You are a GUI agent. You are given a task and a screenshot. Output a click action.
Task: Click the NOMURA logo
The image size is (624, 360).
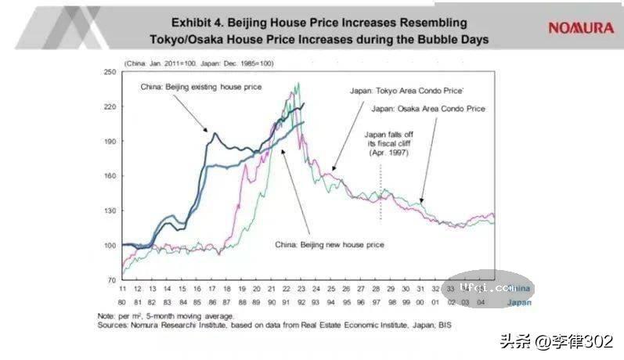[580, 27]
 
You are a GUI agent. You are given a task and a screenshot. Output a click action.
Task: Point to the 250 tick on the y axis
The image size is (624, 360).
[110, 72]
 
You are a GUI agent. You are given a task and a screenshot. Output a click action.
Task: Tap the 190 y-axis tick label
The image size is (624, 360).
[110, 141]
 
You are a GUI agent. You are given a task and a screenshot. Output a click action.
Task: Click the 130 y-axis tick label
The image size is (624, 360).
[110, 211]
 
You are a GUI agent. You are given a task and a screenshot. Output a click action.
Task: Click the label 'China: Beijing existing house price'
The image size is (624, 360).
[201, 86]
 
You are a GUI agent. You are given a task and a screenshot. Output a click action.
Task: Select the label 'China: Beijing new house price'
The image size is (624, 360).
[330, 244]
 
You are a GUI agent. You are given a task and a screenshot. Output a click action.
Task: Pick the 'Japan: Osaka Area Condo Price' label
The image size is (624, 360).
[428, 108]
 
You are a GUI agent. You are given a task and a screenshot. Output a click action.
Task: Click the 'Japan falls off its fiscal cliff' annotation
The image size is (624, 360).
[389, 144]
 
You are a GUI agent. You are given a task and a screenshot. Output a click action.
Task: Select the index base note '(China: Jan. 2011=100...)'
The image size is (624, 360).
[199, 63]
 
